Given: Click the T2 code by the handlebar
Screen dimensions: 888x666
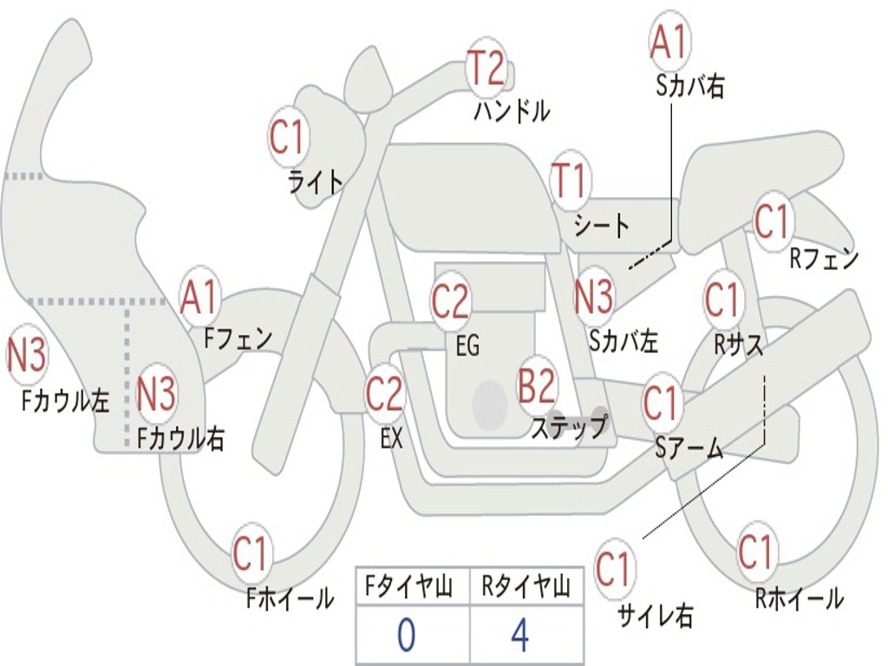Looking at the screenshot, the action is [486, 68].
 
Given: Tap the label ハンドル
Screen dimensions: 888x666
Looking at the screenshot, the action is [512, 111].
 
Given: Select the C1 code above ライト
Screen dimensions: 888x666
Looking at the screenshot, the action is [289, 136].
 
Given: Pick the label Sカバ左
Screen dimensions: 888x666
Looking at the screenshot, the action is [624, 341].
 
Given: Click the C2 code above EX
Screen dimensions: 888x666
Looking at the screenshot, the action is [384, 395].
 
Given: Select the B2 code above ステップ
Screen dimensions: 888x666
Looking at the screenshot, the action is [537, 386].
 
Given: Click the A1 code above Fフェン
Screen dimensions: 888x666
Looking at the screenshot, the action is [200, 297].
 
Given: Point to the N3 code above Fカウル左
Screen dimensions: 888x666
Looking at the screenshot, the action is [27, 356].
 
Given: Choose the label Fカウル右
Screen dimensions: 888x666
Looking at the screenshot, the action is [181, 439].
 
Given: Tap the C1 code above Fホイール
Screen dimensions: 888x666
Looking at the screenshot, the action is [251, 554].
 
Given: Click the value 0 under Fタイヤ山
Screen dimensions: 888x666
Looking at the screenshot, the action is [406, 635].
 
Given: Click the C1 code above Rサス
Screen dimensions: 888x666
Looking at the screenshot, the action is [722, 300].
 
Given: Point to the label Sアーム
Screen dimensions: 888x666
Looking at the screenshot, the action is [689, 447].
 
